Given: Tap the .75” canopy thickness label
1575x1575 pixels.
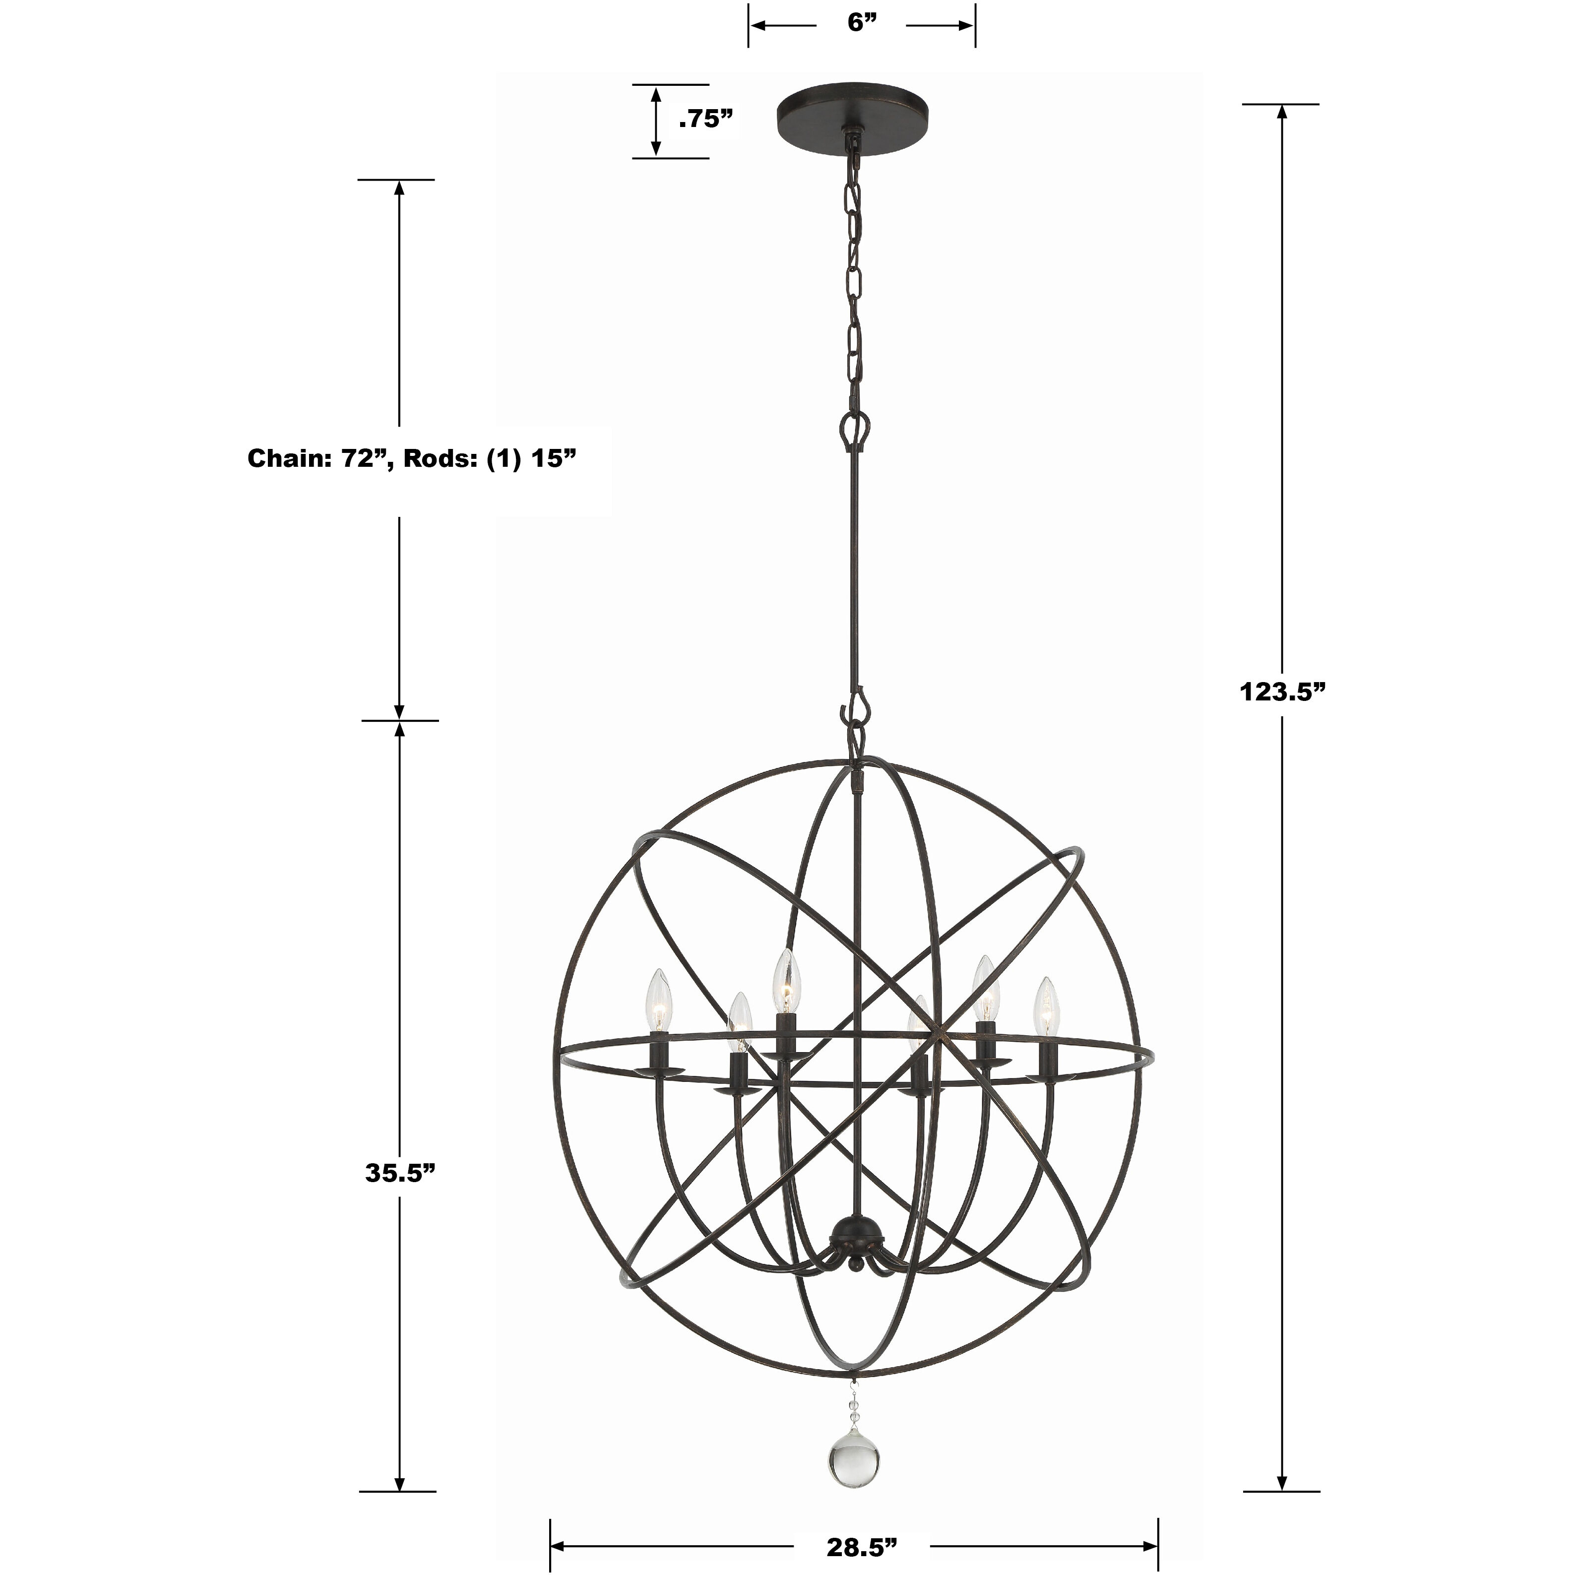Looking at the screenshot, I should [x=706, y=120].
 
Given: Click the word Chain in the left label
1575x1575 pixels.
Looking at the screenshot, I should [x=284, y=459].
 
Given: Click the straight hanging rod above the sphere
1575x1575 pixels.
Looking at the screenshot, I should [x=854, y=570].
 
